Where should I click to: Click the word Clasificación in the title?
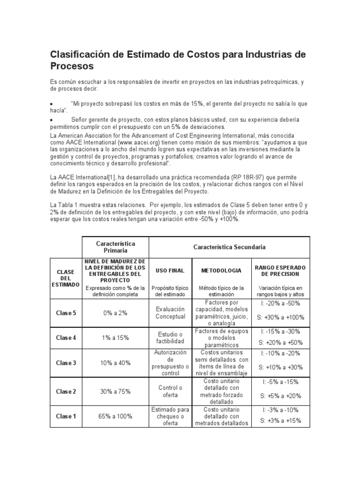click(x=81, y=54)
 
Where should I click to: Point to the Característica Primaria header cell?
click(x=115, y=247)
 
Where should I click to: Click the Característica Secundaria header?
click(x=229, y=247)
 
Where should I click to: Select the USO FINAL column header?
click(x=170, y=270)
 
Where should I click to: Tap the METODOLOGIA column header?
click(x=221, y=270)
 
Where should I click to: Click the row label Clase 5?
click(x=66, y=313)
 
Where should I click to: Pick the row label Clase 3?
click(x=66, y=363)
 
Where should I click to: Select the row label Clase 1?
click(x=66, y=416)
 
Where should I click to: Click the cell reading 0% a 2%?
click(x=115, y=313)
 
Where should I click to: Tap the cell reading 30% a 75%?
click(x=115, y=391)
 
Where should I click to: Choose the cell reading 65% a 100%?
click(x=115, y=416)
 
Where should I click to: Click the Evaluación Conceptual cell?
click(x=170, y=313)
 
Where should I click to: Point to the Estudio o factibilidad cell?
click(x=170, y=337)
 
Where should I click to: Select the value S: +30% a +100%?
click(x=280, y=317)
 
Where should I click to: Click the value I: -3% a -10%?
click(x=280, y=410)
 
